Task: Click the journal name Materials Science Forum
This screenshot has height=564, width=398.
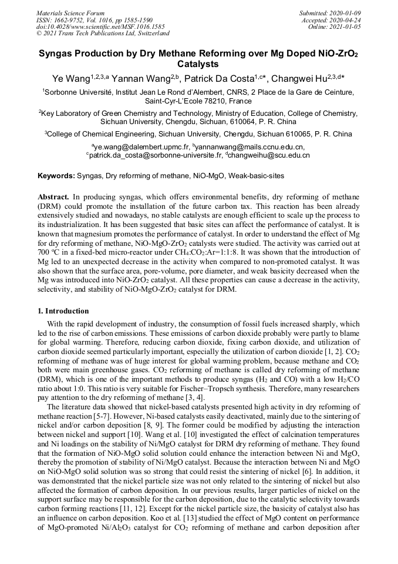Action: point(70,13)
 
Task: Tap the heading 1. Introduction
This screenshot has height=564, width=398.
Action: point(63,311)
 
